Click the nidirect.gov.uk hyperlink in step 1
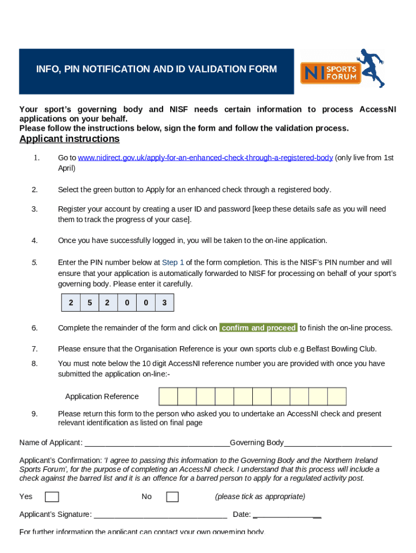[x=205, y=158]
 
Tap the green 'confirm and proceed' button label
[x=259, y=328]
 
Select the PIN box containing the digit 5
[x=89, y=303]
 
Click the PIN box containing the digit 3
[x=164, y=303]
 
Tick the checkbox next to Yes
[x=52, y=497]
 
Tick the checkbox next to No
[x=172, y=497]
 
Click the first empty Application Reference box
[x=168, y=396]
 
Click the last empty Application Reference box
[x=337, y=396]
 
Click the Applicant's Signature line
[x=160, y=515]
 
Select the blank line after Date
[x=287, y=515]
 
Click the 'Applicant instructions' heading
[x=69, y=139]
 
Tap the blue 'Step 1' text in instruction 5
[x=173, y=262]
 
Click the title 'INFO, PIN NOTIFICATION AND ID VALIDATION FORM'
[x=156, y=69]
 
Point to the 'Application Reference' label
[x=102, y=396]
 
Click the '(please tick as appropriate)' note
[x=260, y=496]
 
